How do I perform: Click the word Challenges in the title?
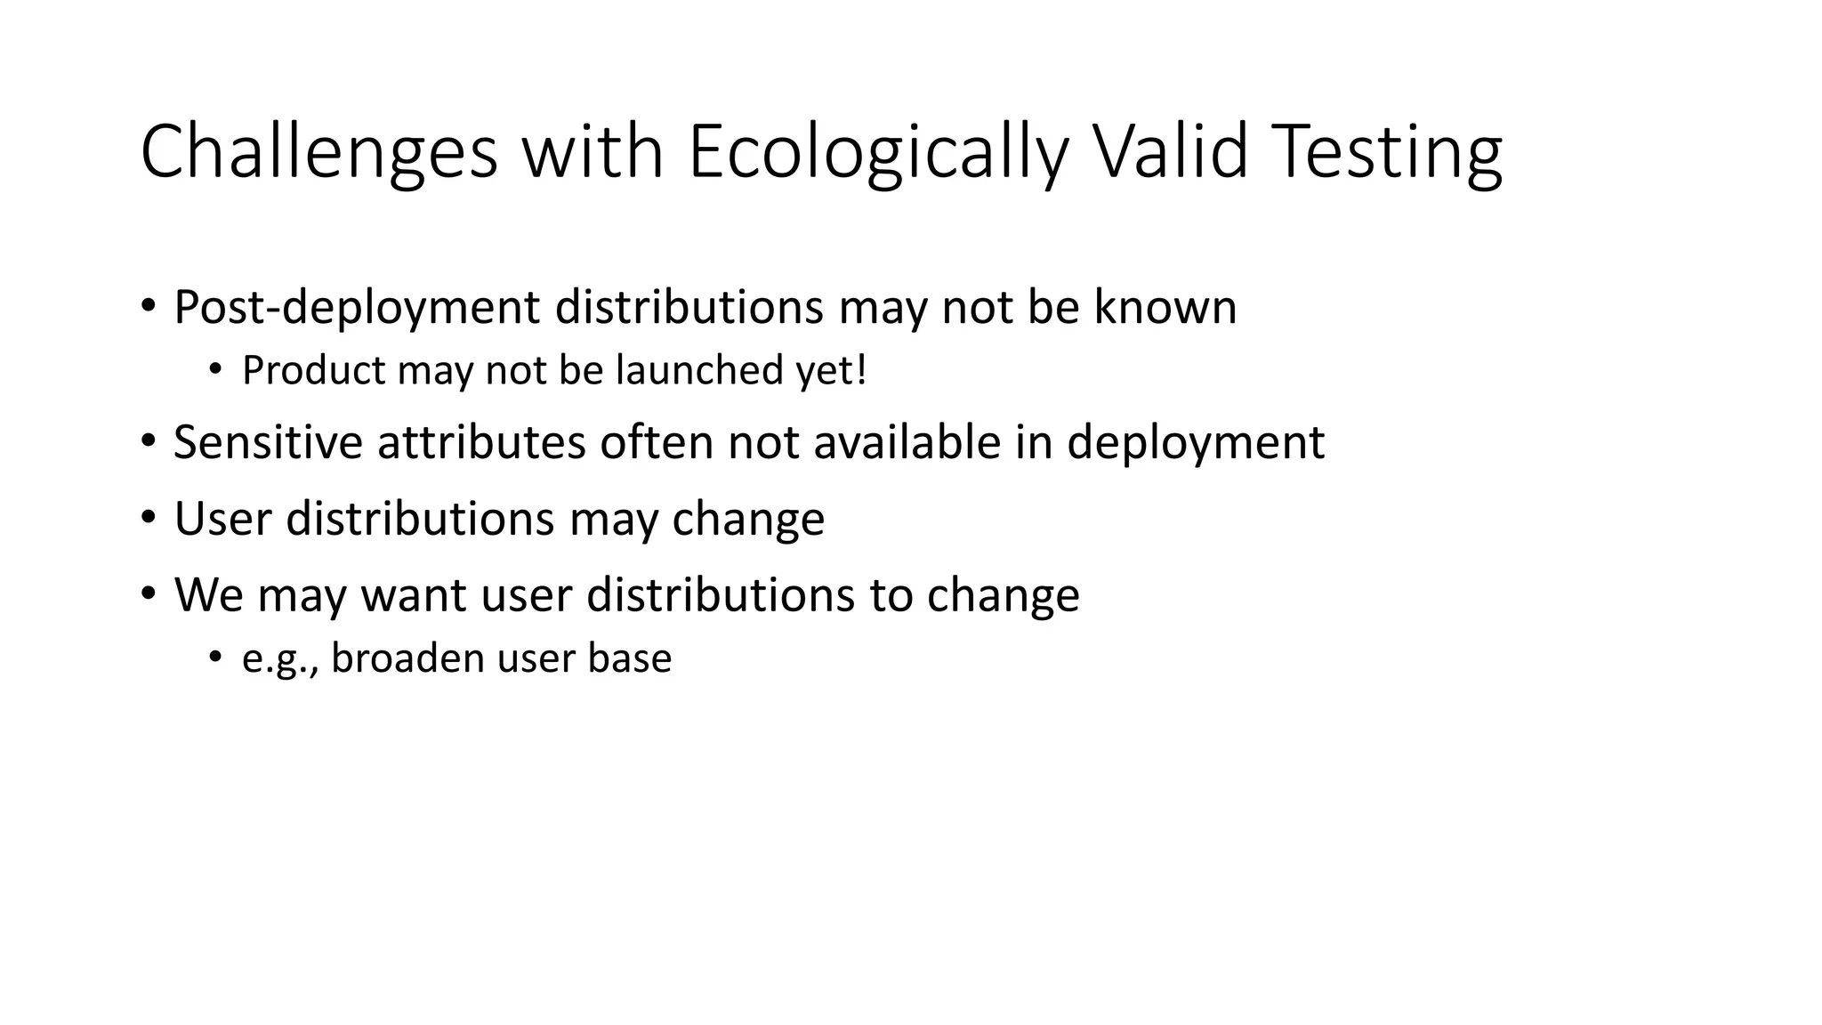point(318,152)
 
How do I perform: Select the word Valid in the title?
point(1171,152)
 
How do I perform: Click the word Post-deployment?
point(357,308)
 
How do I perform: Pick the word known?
point(1165,308)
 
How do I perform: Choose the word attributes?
point(481,442)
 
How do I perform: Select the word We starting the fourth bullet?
point(209,595)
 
